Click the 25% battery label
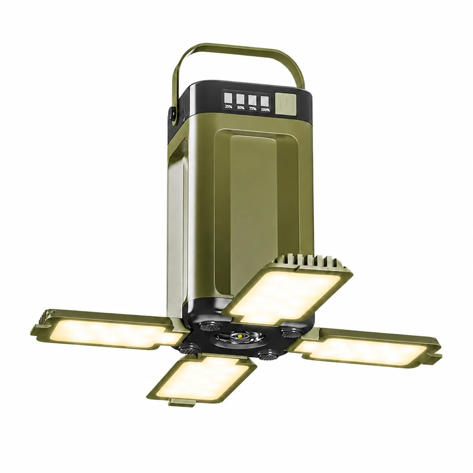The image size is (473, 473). [229, 106]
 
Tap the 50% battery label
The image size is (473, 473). [241, 107]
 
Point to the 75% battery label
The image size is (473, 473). [253, 109]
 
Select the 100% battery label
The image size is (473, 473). [265, 109]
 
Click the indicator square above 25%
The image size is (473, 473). [228, 97]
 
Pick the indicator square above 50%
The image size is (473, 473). [240, 99]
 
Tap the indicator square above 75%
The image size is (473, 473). [252, 100]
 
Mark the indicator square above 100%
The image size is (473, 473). [265, 101]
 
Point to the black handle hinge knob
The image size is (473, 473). [172, 114]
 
